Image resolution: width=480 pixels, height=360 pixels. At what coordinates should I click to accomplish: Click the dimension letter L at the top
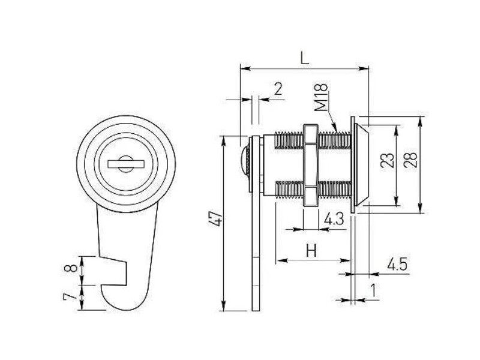305,58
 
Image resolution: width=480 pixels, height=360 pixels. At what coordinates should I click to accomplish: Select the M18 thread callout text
321,97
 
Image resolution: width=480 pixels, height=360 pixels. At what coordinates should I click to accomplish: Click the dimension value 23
387,160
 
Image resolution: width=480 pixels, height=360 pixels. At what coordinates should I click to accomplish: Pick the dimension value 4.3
334,219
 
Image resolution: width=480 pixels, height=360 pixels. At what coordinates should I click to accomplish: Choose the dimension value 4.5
397,265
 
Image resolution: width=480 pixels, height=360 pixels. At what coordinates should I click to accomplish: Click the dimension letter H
311,250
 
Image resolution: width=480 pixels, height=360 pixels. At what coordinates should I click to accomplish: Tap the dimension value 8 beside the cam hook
71,268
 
